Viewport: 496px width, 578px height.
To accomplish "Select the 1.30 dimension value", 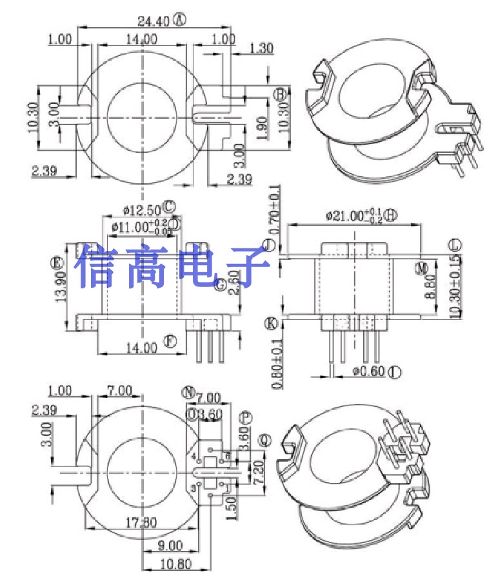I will [x=260, y=47].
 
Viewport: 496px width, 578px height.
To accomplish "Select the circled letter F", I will [x=170, y=342].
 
